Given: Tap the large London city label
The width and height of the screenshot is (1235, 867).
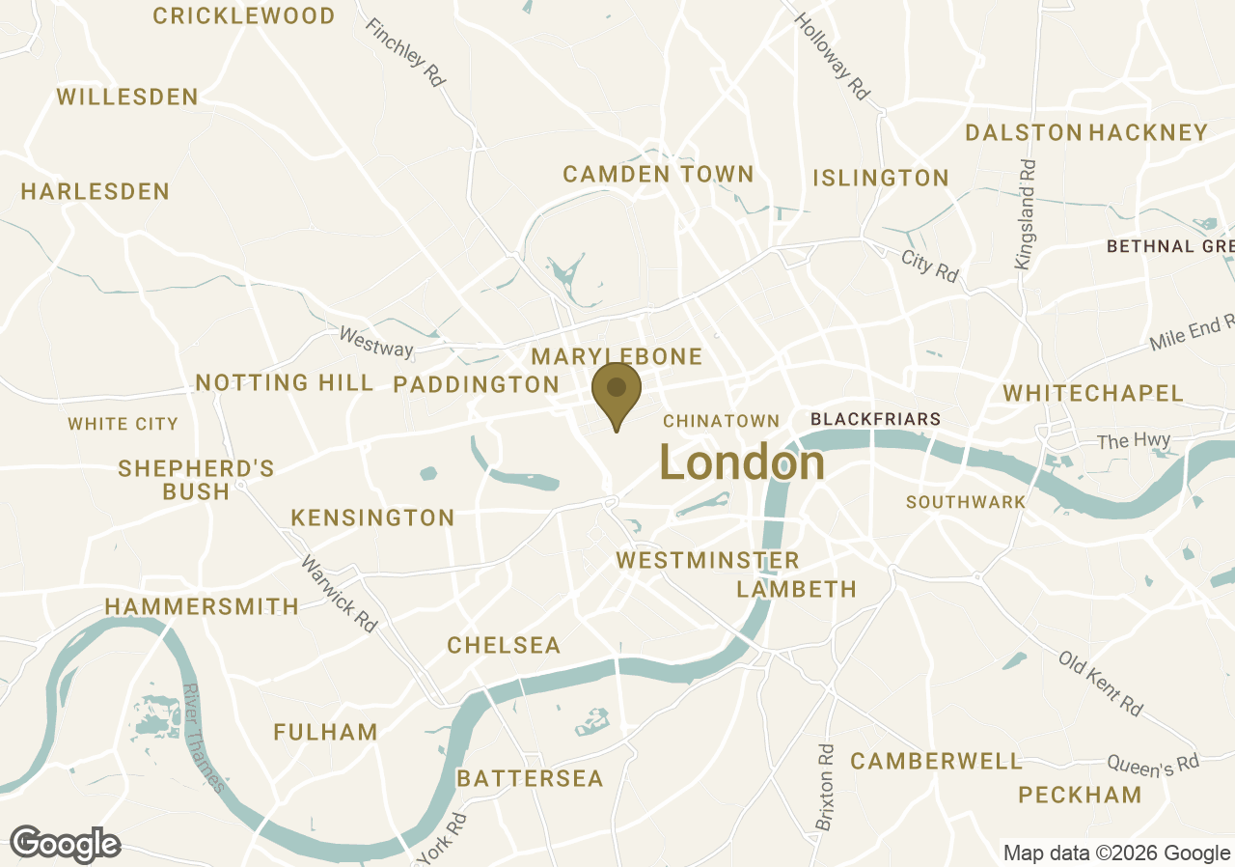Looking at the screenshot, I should pyautogui.click(x=742, y=463).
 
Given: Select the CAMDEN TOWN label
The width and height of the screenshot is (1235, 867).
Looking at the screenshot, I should pyautogui.click(x=658, y=174).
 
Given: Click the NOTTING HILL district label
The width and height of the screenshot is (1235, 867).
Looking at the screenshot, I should pyautogui.click(x=285, y=382).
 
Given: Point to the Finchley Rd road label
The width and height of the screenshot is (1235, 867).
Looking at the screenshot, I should pyautogui.click(x=405, y=54).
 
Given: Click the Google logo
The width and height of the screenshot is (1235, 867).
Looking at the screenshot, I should pyautogui.click(x=66, y=843).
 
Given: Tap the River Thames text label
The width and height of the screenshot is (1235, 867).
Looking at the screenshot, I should pyautogui.click(x=204, y=739).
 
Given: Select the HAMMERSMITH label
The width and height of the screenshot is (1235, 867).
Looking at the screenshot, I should pyautogui.click(x=202, y=606).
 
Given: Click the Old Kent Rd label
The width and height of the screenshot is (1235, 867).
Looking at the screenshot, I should pyautogui.click(x=1101, y=683).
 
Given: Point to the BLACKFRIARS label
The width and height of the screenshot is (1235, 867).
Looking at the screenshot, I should pyautogui.click(x=875, y=419).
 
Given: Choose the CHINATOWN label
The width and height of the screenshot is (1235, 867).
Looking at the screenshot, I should pyautogui.click(x=721, y=421).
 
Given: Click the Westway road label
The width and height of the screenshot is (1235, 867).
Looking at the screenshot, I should pyautogui.click(x=376, y=341).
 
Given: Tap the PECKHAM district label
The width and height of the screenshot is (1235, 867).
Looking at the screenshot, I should pyautogui.click(x=1080, y=796).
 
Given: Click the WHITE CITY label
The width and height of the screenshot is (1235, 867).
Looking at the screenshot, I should pyautogui.click(x=123, y=424).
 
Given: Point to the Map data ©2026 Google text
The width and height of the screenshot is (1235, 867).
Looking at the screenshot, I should pyautogui.click(x=1116, y=853).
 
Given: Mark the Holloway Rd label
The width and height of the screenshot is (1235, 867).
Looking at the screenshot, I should pyautogui.click(x=832, y=56).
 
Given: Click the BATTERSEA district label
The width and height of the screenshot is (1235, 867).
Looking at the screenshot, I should pyautogui.click(x=530, y=778).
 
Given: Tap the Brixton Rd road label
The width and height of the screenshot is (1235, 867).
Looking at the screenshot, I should pyautogui.click(x=825, y=787).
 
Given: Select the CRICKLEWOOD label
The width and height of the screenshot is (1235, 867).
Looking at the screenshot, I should pyautogui.click(x=244, y=15).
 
